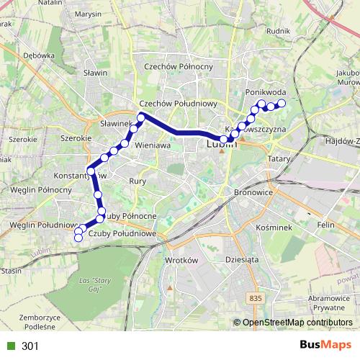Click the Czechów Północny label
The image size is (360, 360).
point(179,66)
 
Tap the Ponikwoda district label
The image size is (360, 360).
point(266,93)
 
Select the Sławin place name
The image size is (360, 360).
point(95,73)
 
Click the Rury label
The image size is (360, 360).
point(138,181)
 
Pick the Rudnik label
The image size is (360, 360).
point(278,31)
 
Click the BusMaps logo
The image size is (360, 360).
point(325,345)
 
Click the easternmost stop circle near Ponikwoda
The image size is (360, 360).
point(282,104)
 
